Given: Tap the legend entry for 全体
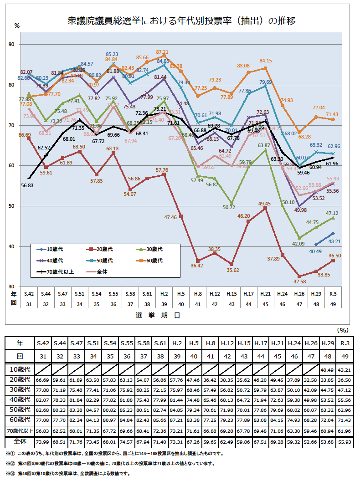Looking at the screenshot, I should click(102, 272).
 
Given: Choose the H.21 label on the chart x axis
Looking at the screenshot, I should click(265, 294).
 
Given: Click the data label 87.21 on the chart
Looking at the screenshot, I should click(162, 52).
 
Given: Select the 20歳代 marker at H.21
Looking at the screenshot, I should click(265, 208).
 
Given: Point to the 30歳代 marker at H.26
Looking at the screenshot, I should click(299, 238).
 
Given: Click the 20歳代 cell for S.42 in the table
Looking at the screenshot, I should click(43, 380).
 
